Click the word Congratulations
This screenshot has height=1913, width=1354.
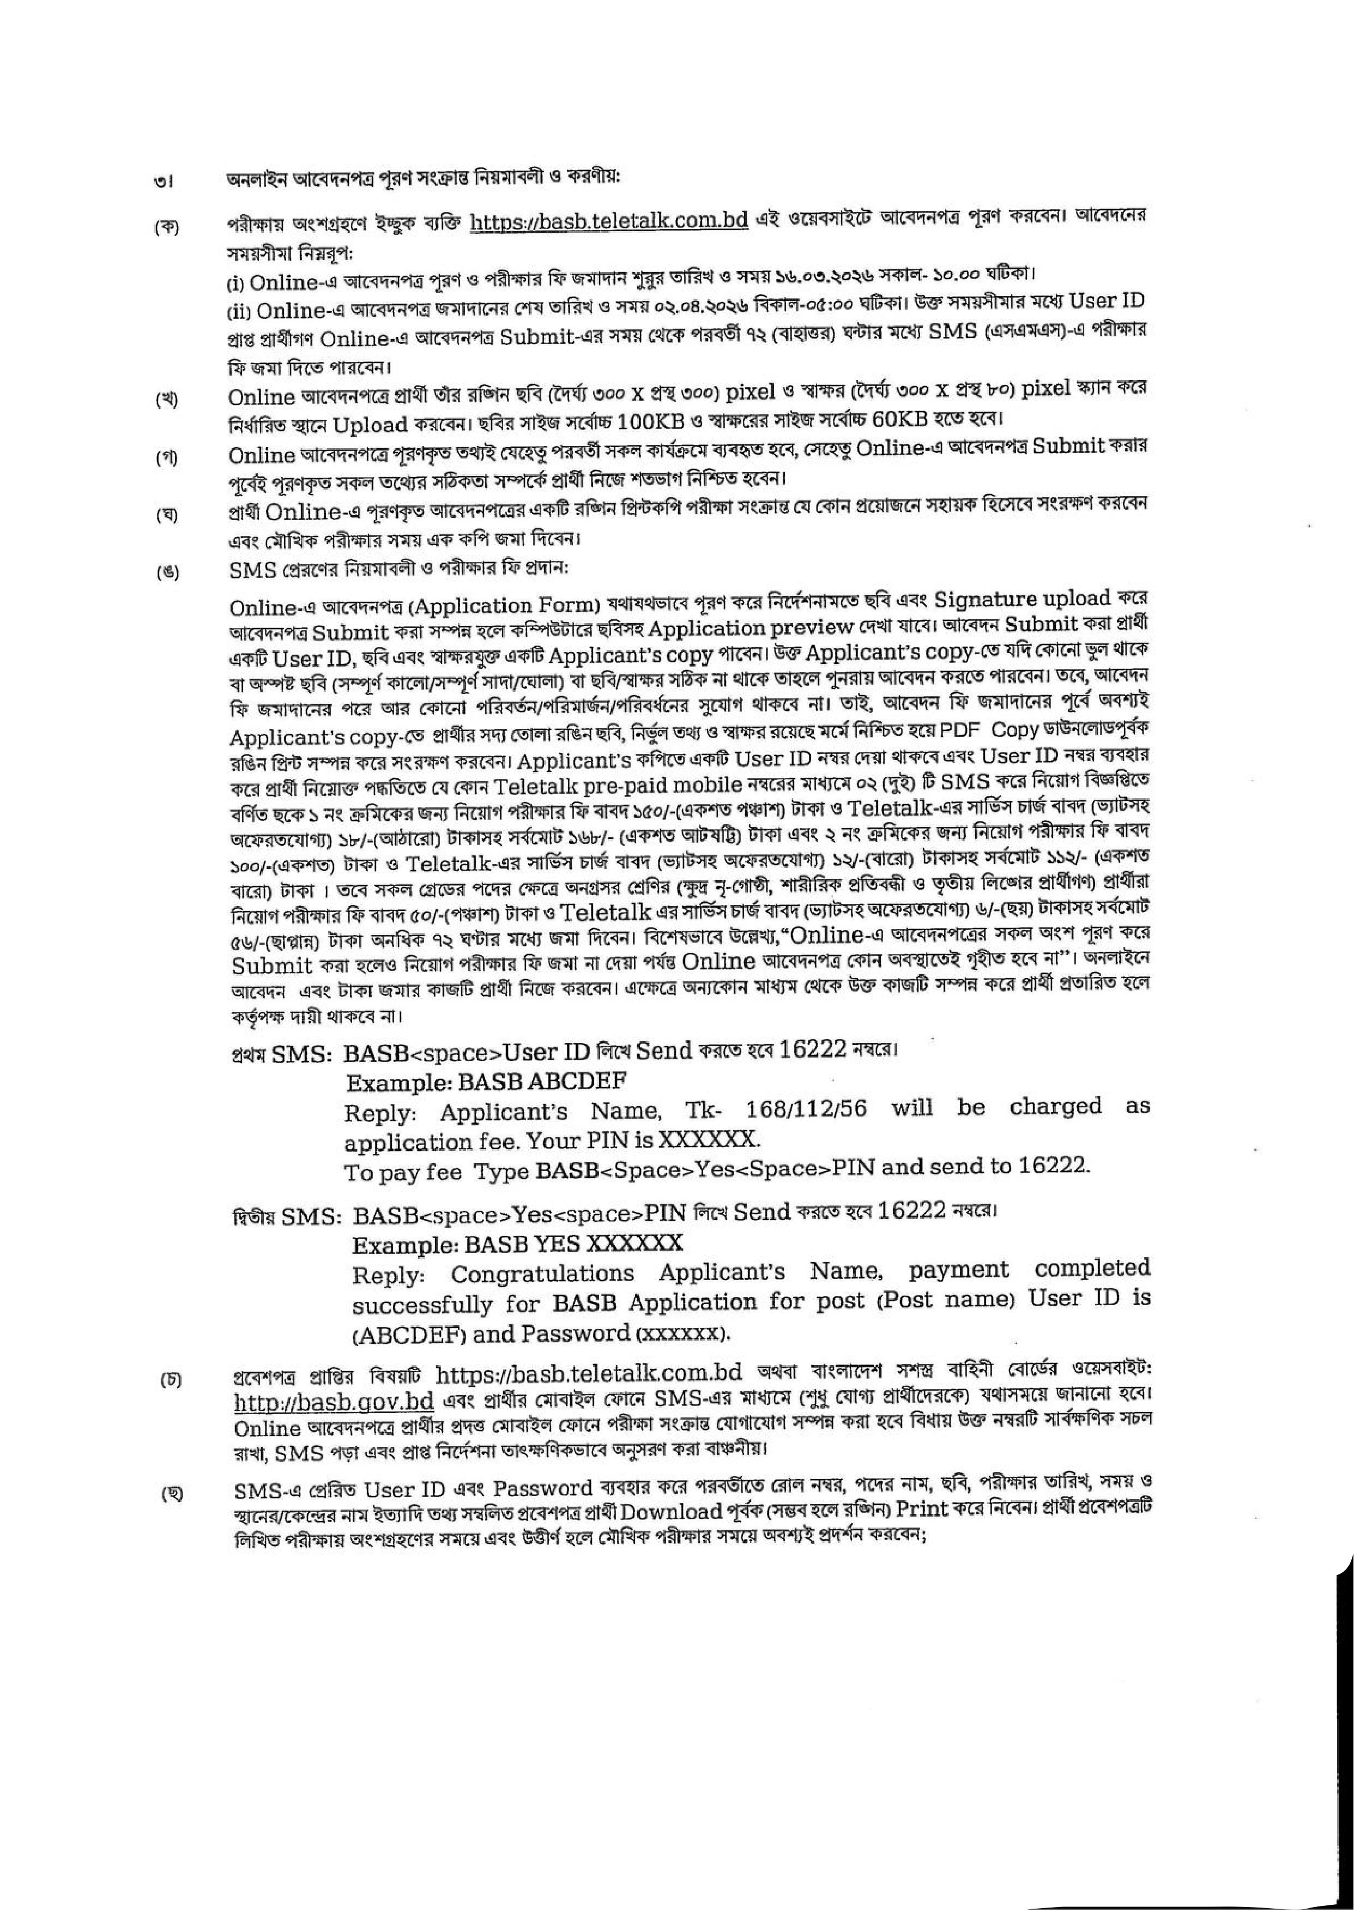[x=542, y=1274]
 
